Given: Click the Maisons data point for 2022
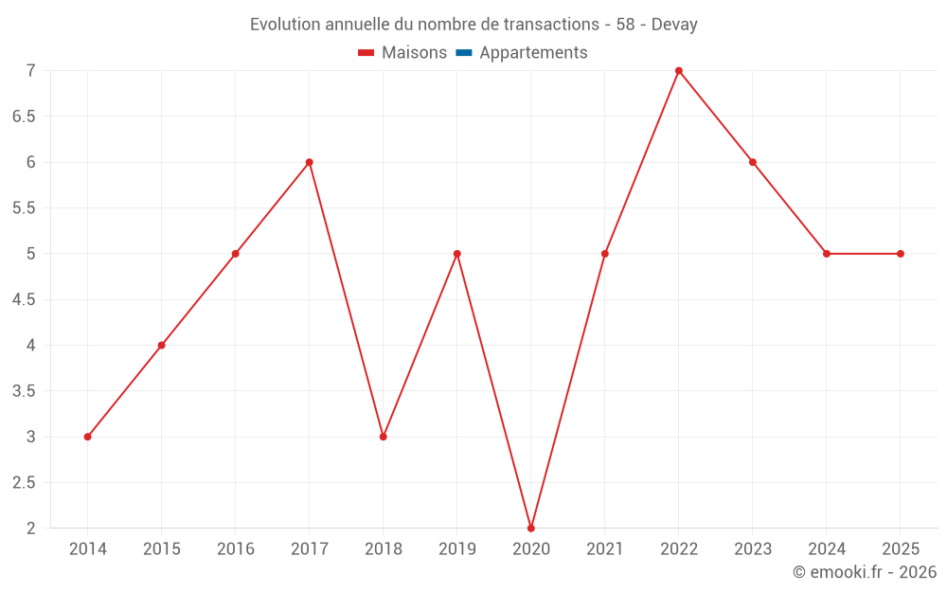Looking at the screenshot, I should click(679, 71).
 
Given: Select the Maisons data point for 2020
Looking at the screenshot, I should click(531, 528).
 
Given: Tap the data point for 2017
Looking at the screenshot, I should click(310, 162).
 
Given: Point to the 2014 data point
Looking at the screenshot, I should click(87, 437).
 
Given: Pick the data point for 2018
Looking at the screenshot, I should click(384, 437).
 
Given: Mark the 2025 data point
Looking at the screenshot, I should click(901, 254).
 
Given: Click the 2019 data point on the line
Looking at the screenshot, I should click(457, 254).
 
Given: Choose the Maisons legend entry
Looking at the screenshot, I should click(402, 53).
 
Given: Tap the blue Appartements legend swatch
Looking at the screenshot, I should click(464, 53).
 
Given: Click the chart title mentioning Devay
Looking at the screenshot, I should click(473, 25).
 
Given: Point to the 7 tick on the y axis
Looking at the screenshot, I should click(31, 71).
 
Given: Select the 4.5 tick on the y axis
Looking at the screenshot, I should click(24, 299).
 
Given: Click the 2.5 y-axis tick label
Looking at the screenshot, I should click(24, 482).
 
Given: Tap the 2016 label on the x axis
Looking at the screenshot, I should click(235, 549).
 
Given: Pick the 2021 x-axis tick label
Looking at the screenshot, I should click(605, 549).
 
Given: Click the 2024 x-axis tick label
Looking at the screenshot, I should click(827, 549).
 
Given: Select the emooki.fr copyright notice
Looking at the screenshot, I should click(865, 572).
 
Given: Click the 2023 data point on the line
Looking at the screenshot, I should click(753, 162).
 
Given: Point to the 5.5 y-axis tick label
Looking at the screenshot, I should click(24, 208).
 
